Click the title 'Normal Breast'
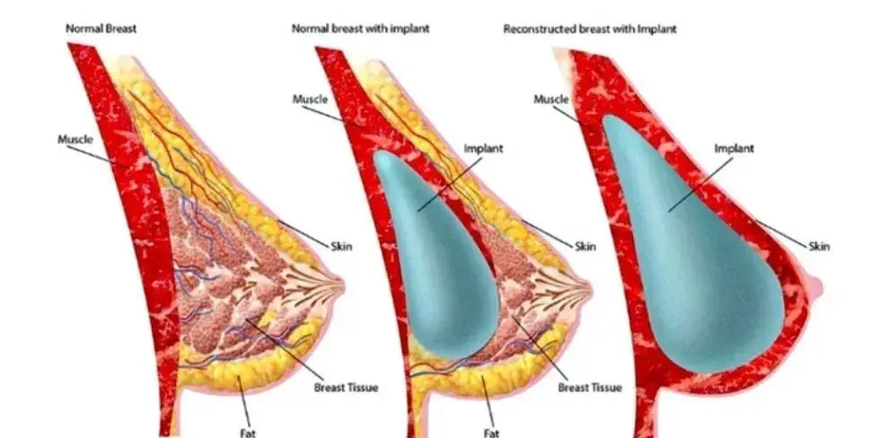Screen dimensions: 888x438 (101, 29)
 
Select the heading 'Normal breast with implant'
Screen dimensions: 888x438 (360, 29)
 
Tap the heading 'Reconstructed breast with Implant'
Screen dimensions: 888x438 (590, 29)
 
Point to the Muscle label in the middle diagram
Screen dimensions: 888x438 (310, 99)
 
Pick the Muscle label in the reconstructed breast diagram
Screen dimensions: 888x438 (551, 99)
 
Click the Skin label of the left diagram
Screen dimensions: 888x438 (341, 246)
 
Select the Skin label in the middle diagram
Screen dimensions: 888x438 (585, 246)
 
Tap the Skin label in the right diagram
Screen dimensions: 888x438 (819, 246)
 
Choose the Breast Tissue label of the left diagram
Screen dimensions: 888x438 (346, 388)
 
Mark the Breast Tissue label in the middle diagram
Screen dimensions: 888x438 (590, 388)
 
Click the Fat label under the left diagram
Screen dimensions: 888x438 (248, 434)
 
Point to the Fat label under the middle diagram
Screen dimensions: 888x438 (491, 434)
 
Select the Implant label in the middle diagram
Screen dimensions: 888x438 (483, 149)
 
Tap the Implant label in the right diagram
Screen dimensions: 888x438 (734, 149)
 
